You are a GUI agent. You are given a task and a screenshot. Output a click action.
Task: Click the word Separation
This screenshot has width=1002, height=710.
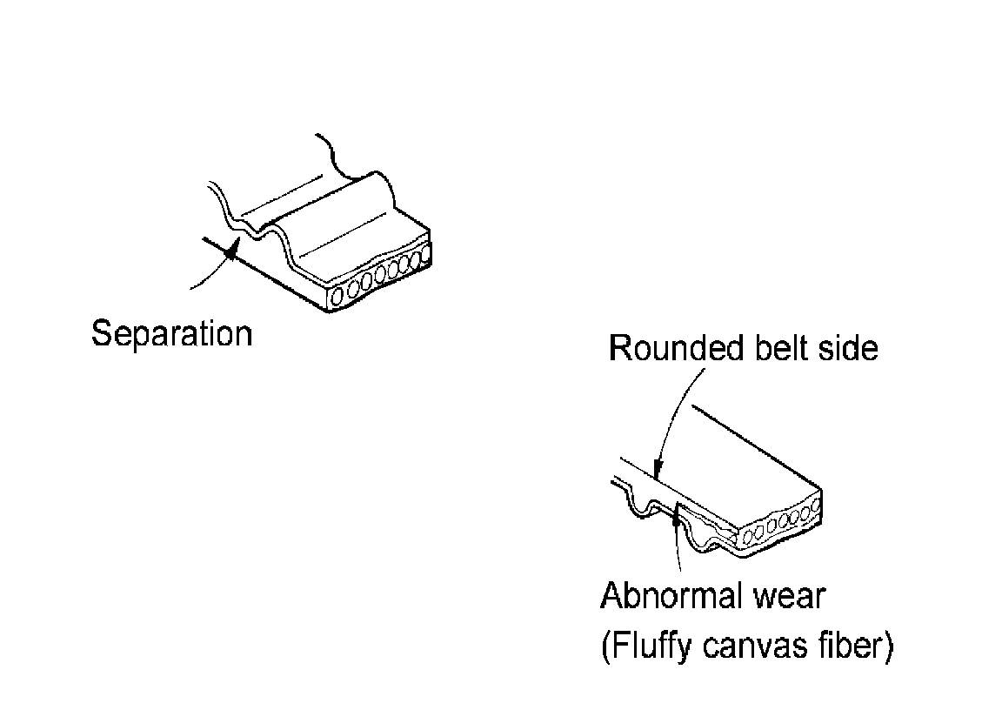pyautogui.click(x=171, y=334)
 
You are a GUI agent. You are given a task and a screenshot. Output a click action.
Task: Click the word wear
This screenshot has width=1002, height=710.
pyautogui.click(x=789, y=597)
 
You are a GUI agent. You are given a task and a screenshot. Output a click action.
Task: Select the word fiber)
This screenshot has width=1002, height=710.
pyautogui.click(x=856, y=648)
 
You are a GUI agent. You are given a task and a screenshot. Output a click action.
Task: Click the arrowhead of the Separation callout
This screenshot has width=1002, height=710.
pyautogui.click(x=231, y=251)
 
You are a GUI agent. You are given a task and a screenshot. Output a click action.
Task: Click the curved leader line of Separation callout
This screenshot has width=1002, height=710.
pyautogui.click(x=209, y=277)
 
